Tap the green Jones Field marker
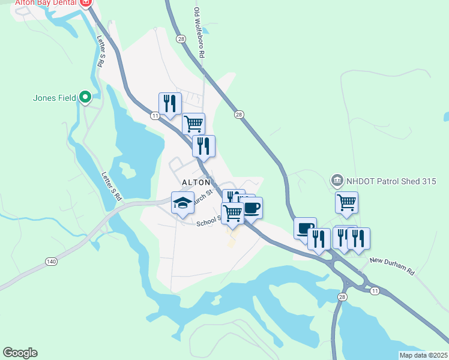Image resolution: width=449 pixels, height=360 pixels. [x=85, y=96]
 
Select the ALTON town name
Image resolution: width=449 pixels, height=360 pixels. [x=193, y=182]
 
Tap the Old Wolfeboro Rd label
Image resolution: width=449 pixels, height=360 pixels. [x=200, y=33]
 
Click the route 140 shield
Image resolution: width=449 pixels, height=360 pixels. [x=51, y=262]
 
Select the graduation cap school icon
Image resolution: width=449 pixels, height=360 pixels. [x=182, y=203]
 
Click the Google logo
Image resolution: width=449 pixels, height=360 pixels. [x=20, y=353]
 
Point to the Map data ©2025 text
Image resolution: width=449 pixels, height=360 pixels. [x=423, y=355]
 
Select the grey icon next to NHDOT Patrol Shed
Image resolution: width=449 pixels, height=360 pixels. [x=336, y=180]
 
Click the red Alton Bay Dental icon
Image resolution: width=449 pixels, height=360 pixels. [x=85, y=3]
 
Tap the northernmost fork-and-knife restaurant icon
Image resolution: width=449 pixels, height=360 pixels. [x=170, y=103]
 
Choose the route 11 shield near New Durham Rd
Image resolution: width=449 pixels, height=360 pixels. [x=375, y=290]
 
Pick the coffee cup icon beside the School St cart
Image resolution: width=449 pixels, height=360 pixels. [x=252, y=208]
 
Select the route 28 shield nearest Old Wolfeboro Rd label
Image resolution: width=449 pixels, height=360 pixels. [x=181, y=38]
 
